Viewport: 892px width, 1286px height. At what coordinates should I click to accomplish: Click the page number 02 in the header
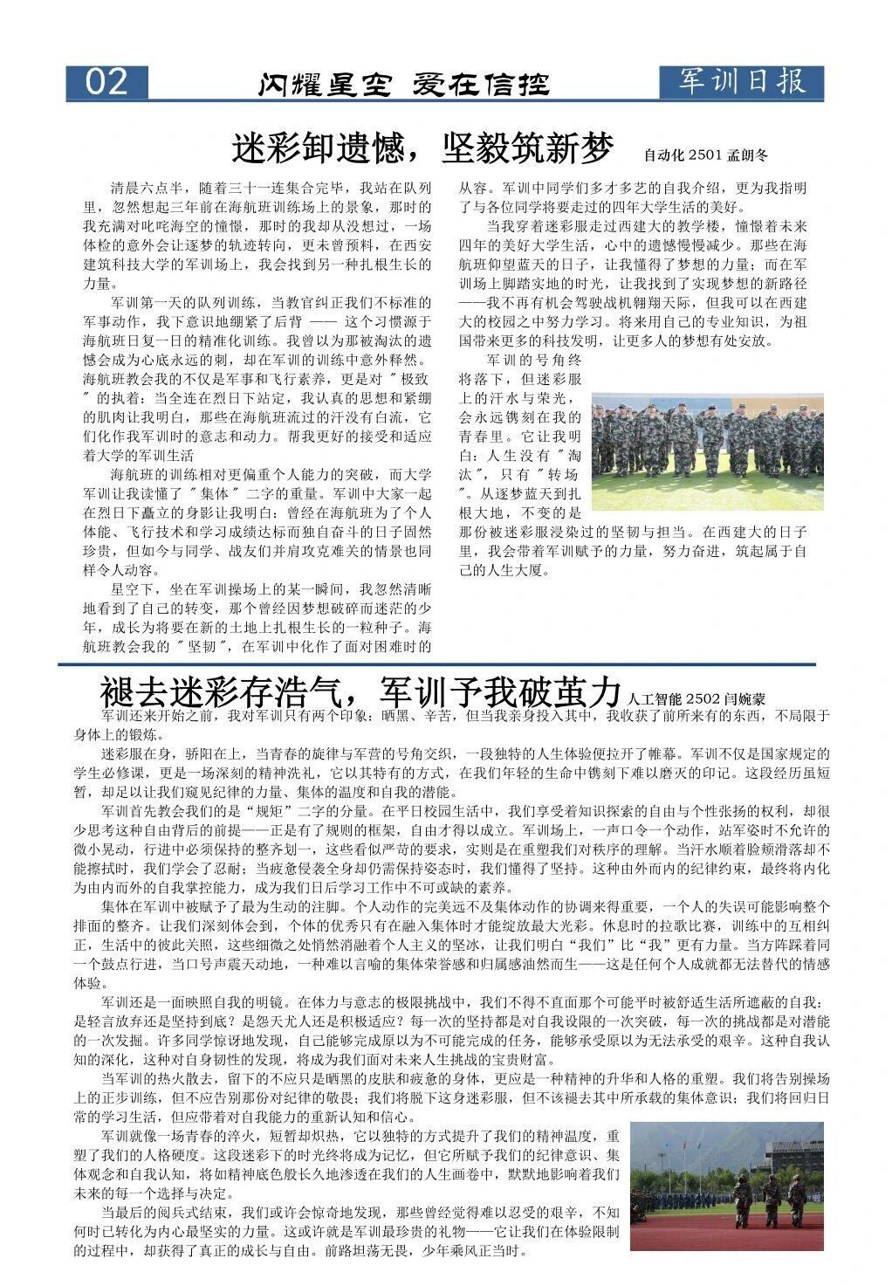click(x=106, y=82)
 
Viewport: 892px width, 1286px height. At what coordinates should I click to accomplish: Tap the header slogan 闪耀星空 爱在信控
click(x=403, y=85)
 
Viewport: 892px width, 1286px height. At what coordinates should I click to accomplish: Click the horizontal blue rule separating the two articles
click(x=436, y=664)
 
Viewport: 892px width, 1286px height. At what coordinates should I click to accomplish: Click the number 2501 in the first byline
click(x=704, y=155)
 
